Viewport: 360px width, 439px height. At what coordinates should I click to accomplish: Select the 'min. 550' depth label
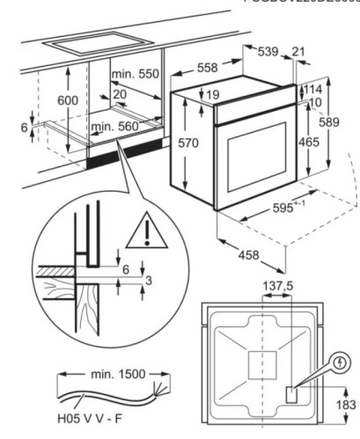point(135,75)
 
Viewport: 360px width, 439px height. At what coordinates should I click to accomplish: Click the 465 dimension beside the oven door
point(308,142)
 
